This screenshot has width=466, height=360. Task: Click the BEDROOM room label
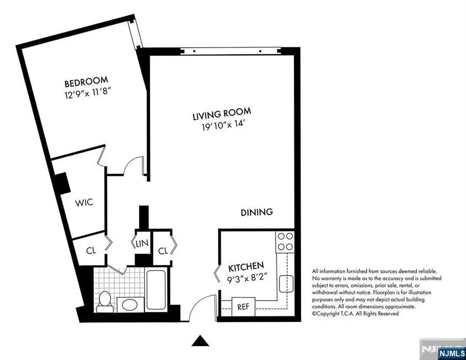[x=86, y=81]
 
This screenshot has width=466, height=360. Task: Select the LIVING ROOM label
[x=222, y=113]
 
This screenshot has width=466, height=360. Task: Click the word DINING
[x=256, y=212]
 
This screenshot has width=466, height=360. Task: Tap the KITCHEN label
[x=246, y=267]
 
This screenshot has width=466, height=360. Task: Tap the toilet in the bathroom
[x=104, y=300]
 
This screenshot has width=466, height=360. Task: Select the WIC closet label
[x=83, y=203]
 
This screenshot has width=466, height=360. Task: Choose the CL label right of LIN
[x=163, y=251]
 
